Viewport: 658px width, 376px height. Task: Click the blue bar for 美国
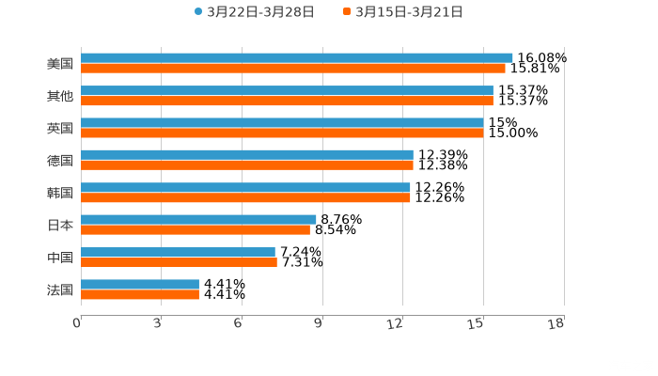tap(296, 58)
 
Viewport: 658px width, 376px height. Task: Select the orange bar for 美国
tap(292, 69)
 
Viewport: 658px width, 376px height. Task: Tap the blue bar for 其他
tap(287, 90)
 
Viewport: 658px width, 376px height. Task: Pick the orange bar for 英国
tap(282, 133)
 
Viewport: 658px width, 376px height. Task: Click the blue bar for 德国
tap(246, 154)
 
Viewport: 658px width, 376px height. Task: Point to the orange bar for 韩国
tap(245, 197)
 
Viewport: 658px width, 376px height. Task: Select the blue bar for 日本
tap(198, 219)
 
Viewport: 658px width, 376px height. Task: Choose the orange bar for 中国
tap(179, 262)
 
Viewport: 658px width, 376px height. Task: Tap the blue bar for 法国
tap(140, 284)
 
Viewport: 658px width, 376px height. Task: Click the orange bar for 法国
tap(140, 294)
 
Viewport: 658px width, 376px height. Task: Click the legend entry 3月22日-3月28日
tap(254, 12)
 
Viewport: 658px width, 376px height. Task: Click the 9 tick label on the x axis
tap(319, 324)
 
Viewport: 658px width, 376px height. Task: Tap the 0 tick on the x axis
tap(78, 324)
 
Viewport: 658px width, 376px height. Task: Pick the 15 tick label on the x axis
tap(478, 324)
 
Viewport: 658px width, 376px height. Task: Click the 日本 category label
tap(59, 225)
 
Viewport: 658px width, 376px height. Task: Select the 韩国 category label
tap(59, 193)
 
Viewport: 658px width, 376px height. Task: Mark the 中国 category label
tap(59, 258)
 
